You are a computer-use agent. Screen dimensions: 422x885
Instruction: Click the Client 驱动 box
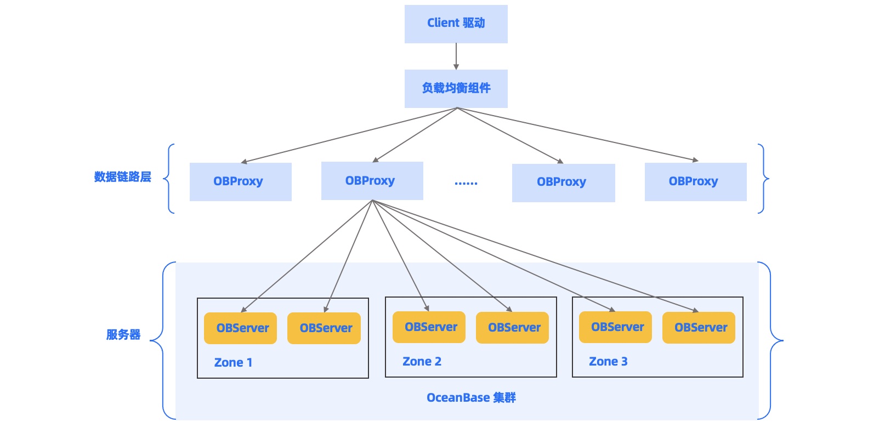click(x=456, y=24)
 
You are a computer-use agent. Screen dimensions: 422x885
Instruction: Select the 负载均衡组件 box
click(x=456, y=88)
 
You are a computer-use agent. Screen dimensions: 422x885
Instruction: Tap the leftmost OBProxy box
click(x=240, y=181)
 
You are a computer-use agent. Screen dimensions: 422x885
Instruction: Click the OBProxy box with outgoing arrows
click(x=372, y=180)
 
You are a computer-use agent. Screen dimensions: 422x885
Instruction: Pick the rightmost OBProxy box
click(x=695, y=181)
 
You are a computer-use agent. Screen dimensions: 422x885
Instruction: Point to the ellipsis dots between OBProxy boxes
click(x=466, y=183)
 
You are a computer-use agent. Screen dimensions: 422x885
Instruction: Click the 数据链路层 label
click(x=122, y=177)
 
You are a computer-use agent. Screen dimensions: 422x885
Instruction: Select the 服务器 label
click(x=123, y=335)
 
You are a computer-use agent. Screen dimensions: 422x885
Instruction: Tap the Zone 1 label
click(x=233, y=362)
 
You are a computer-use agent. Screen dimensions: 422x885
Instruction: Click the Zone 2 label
click(x=422, y=361)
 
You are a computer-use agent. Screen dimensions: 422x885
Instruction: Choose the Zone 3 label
click(x=608, y=361)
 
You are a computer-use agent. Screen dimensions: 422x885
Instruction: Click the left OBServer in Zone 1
click(x=240, y=328)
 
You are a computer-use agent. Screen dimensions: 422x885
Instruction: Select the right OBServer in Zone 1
click(x=324, y=328)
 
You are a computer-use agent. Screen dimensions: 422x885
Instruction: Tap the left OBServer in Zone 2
click(x=429, y=327)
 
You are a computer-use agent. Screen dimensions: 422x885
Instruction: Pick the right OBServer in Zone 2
click(x=512, y=328)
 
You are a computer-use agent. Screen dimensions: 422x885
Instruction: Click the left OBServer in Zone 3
click(x=615, y=327)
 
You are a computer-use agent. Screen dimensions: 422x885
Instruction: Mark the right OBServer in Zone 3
click(x=699, y=328)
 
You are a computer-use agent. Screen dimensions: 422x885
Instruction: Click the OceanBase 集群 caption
click(x=471, y=398)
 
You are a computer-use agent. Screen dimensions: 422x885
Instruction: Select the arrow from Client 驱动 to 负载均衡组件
click(x=456, y=56)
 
